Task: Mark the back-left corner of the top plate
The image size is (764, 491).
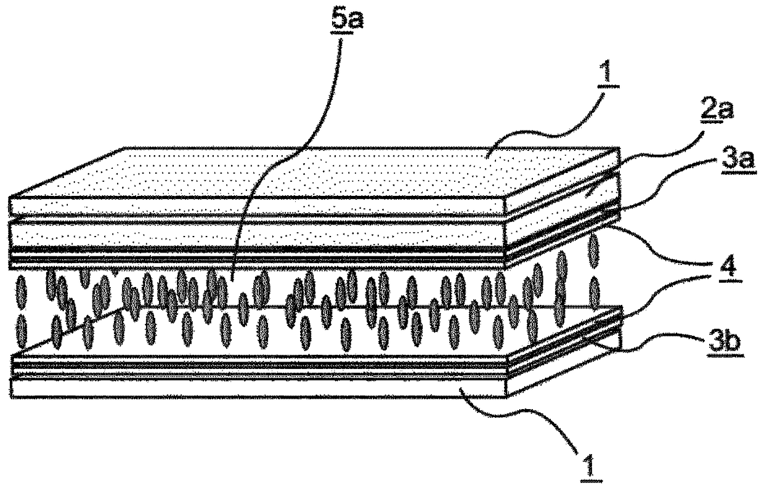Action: pos(125,148)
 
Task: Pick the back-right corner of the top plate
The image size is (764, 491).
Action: pos(618,148)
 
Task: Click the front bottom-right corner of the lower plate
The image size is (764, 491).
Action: pos(506,397)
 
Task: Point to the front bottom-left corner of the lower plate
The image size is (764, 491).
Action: pos(12,397)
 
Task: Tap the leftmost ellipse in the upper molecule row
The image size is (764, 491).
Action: pos(22,293)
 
